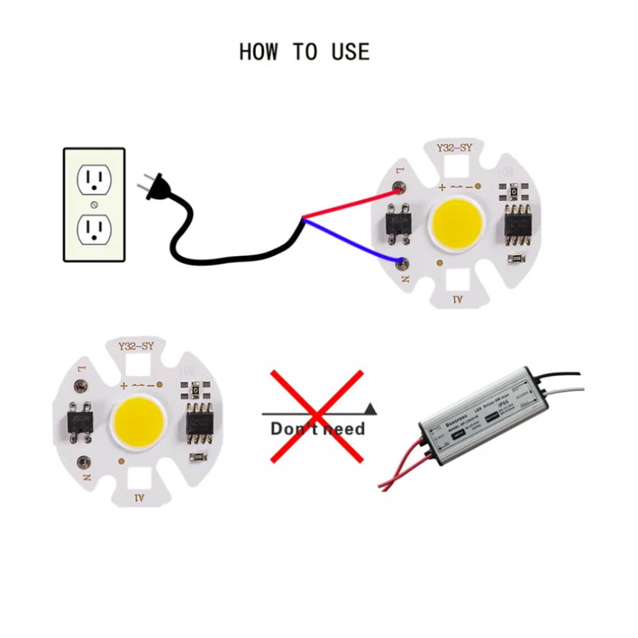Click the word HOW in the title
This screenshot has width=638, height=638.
click(258, 52)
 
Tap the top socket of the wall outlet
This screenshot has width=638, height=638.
click(94, 180)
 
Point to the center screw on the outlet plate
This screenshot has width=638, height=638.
click(94, 204)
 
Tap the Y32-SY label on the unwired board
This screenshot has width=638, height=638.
click(136, 347)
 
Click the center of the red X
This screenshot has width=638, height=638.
click(317, 415)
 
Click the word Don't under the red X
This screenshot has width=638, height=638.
click(291, 429)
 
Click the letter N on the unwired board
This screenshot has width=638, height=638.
click(86, 478)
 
